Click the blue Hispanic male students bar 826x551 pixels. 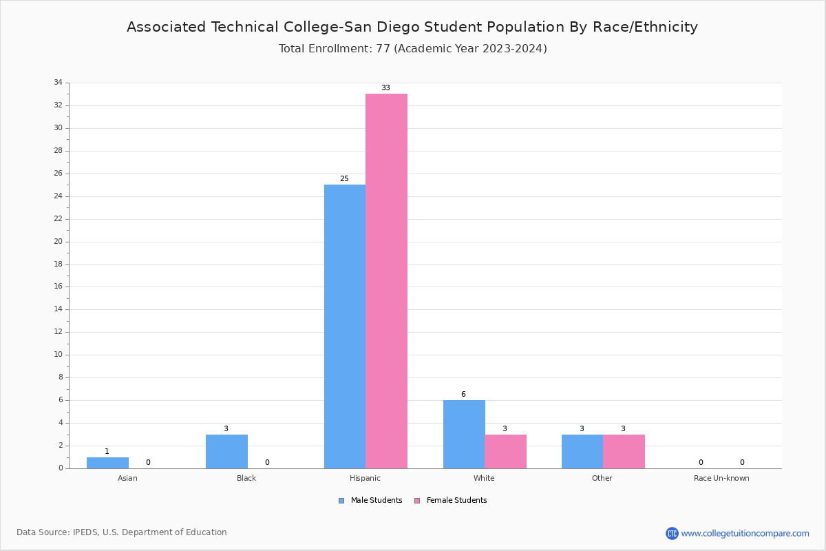[345, 326]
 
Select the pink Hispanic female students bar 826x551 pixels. [386, 281]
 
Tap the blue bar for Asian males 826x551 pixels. [107, 463]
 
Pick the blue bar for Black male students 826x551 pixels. [226, 451]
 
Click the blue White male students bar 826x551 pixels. [464, 434]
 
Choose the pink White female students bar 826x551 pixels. [505, 451]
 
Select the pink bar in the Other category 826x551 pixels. [624, 451]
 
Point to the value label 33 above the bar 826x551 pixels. [385, 88]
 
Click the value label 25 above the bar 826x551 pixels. [344, 179]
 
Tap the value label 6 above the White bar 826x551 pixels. [463, 395]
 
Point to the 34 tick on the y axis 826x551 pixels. [58, 83]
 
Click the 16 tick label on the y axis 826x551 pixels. [58, 287]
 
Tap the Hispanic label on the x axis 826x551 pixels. [365, 478]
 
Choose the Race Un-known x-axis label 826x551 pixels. [721, 478]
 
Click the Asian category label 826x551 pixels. [127, 478]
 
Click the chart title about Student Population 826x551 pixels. [412, 27]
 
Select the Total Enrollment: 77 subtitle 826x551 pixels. [412, 49]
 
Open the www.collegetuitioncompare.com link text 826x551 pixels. [745, 533]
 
